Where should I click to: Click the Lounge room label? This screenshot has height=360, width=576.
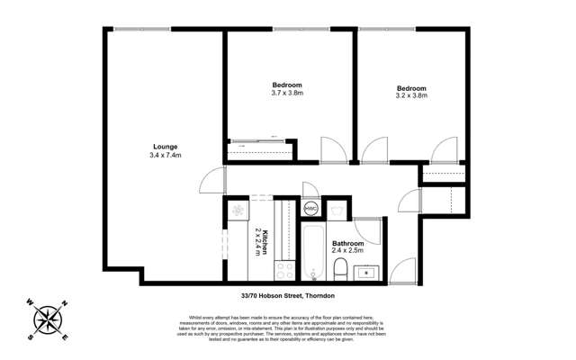165,146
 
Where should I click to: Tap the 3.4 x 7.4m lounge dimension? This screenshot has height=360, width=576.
165,156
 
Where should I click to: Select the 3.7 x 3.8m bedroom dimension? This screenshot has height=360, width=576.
287,92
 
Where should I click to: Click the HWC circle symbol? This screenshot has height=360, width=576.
310,209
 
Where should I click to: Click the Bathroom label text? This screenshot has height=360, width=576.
347,244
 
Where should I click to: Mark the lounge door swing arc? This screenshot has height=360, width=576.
211,180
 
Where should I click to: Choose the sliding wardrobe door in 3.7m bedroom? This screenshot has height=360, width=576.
260,141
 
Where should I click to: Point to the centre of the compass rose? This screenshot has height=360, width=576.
47,320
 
